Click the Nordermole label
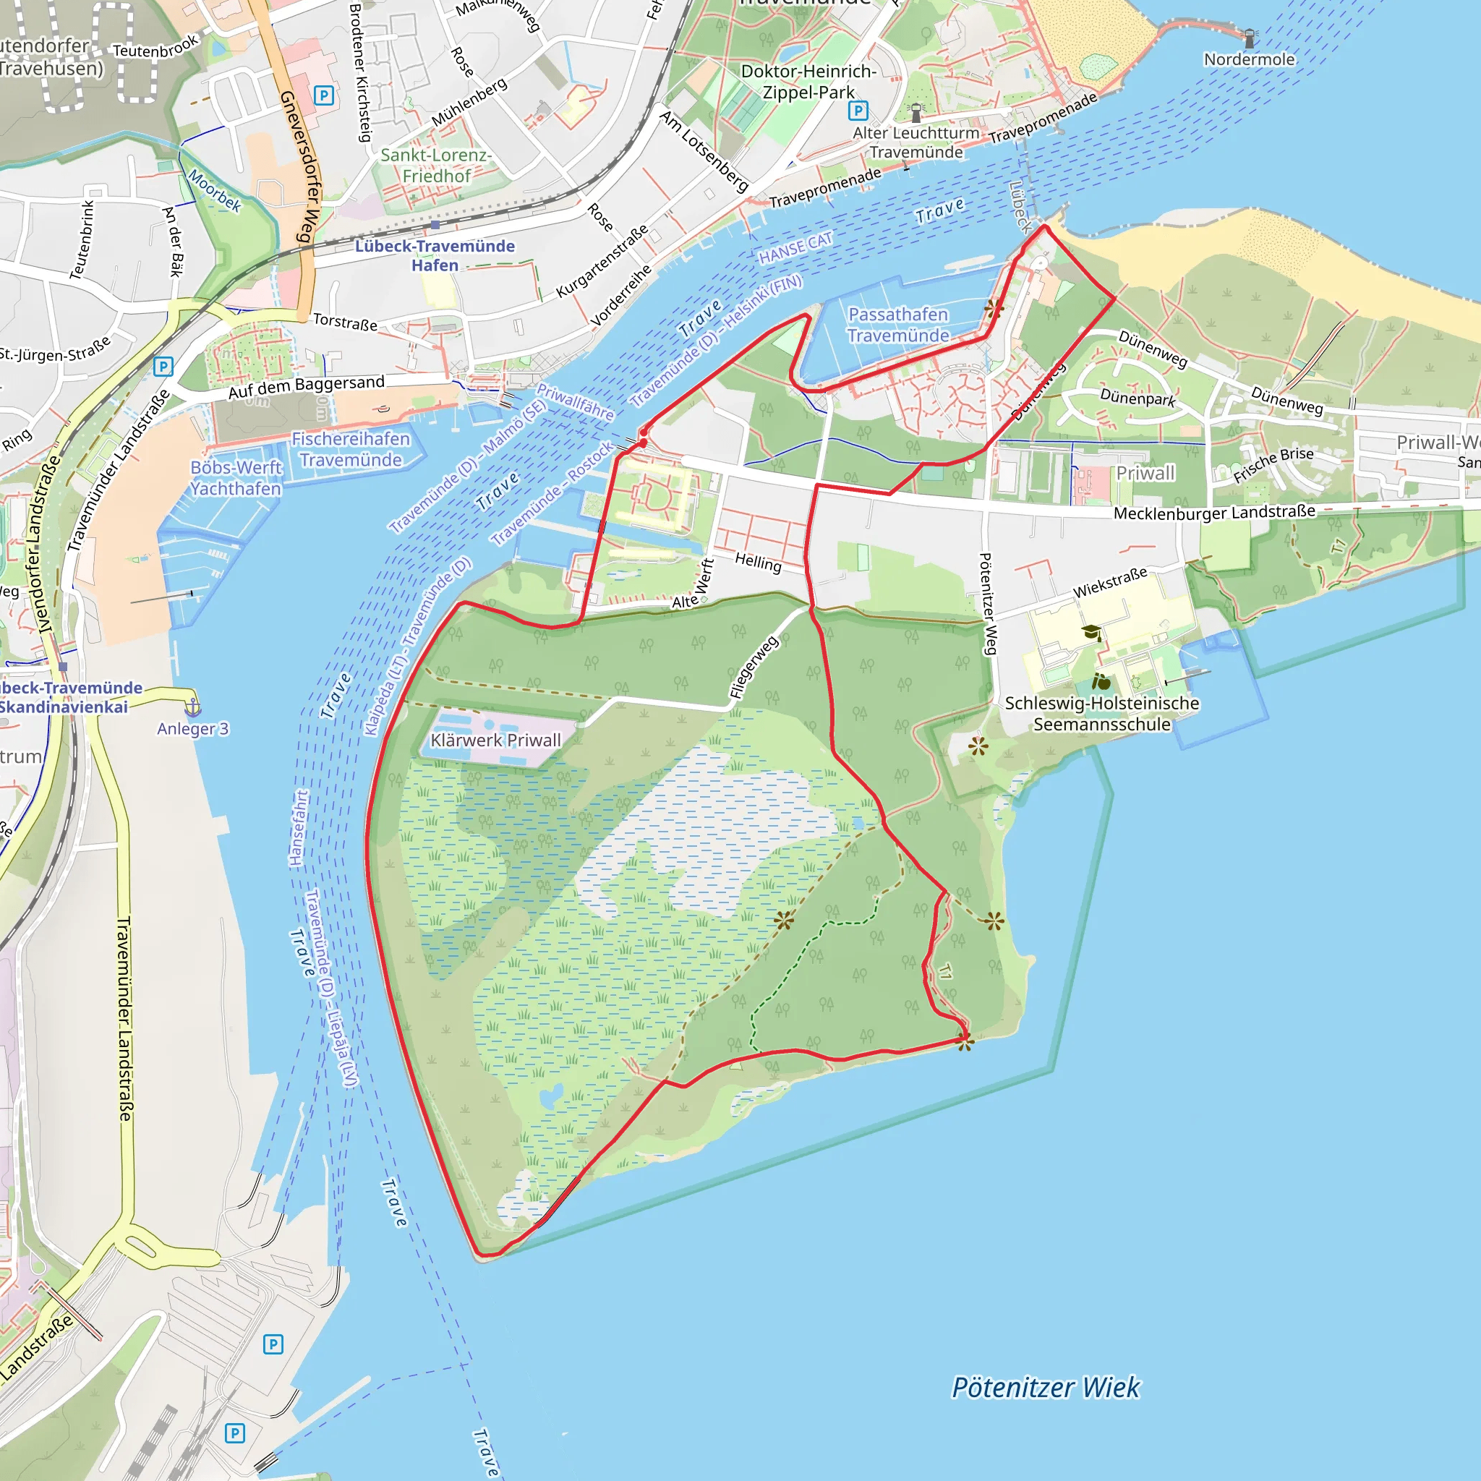1249,60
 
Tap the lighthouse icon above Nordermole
1250,38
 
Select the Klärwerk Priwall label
495,740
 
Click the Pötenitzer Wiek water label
1046,1388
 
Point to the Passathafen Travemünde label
897,325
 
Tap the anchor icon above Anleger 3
193,706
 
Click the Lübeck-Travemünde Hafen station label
435,255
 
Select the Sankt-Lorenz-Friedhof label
436,166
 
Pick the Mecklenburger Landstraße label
1214,512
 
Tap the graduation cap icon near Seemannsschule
1091,633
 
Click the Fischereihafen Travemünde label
350,449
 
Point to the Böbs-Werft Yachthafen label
236,477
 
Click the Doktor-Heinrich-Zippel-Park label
808,81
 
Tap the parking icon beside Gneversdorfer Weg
323,96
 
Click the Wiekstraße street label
1109,583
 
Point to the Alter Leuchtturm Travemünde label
916,142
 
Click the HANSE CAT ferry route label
795,247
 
